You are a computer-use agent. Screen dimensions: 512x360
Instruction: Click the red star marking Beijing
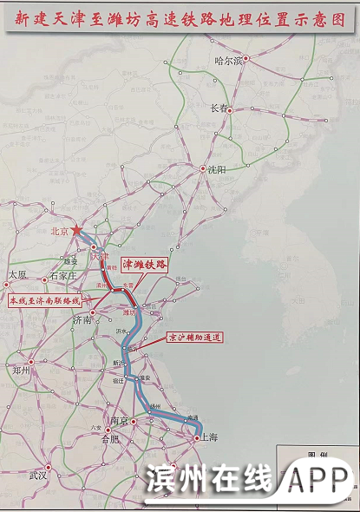(x=77, y=230)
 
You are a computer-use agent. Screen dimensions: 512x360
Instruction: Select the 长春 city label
(x=219, y=108)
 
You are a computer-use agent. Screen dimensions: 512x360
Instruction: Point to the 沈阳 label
(x=215, y=170)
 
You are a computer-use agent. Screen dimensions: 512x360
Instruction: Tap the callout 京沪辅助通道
(x=194, y=338)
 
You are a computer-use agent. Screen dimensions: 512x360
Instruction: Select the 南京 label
(x=119, y=421)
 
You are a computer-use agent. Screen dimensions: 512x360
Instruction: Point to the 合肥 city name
(x=111, y=440)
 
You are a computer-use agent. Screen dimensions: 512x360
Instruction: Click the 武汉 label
(x=38, y=476)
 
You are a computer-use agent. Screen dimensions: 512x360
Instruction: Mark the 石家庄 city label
(x=64, y=276)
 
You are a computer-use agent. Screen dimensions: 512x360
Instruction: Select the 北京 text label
(x=60, y=232)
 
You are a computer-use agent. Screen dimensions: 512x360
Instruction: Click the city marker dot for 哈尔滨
(x=245, y=58)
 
